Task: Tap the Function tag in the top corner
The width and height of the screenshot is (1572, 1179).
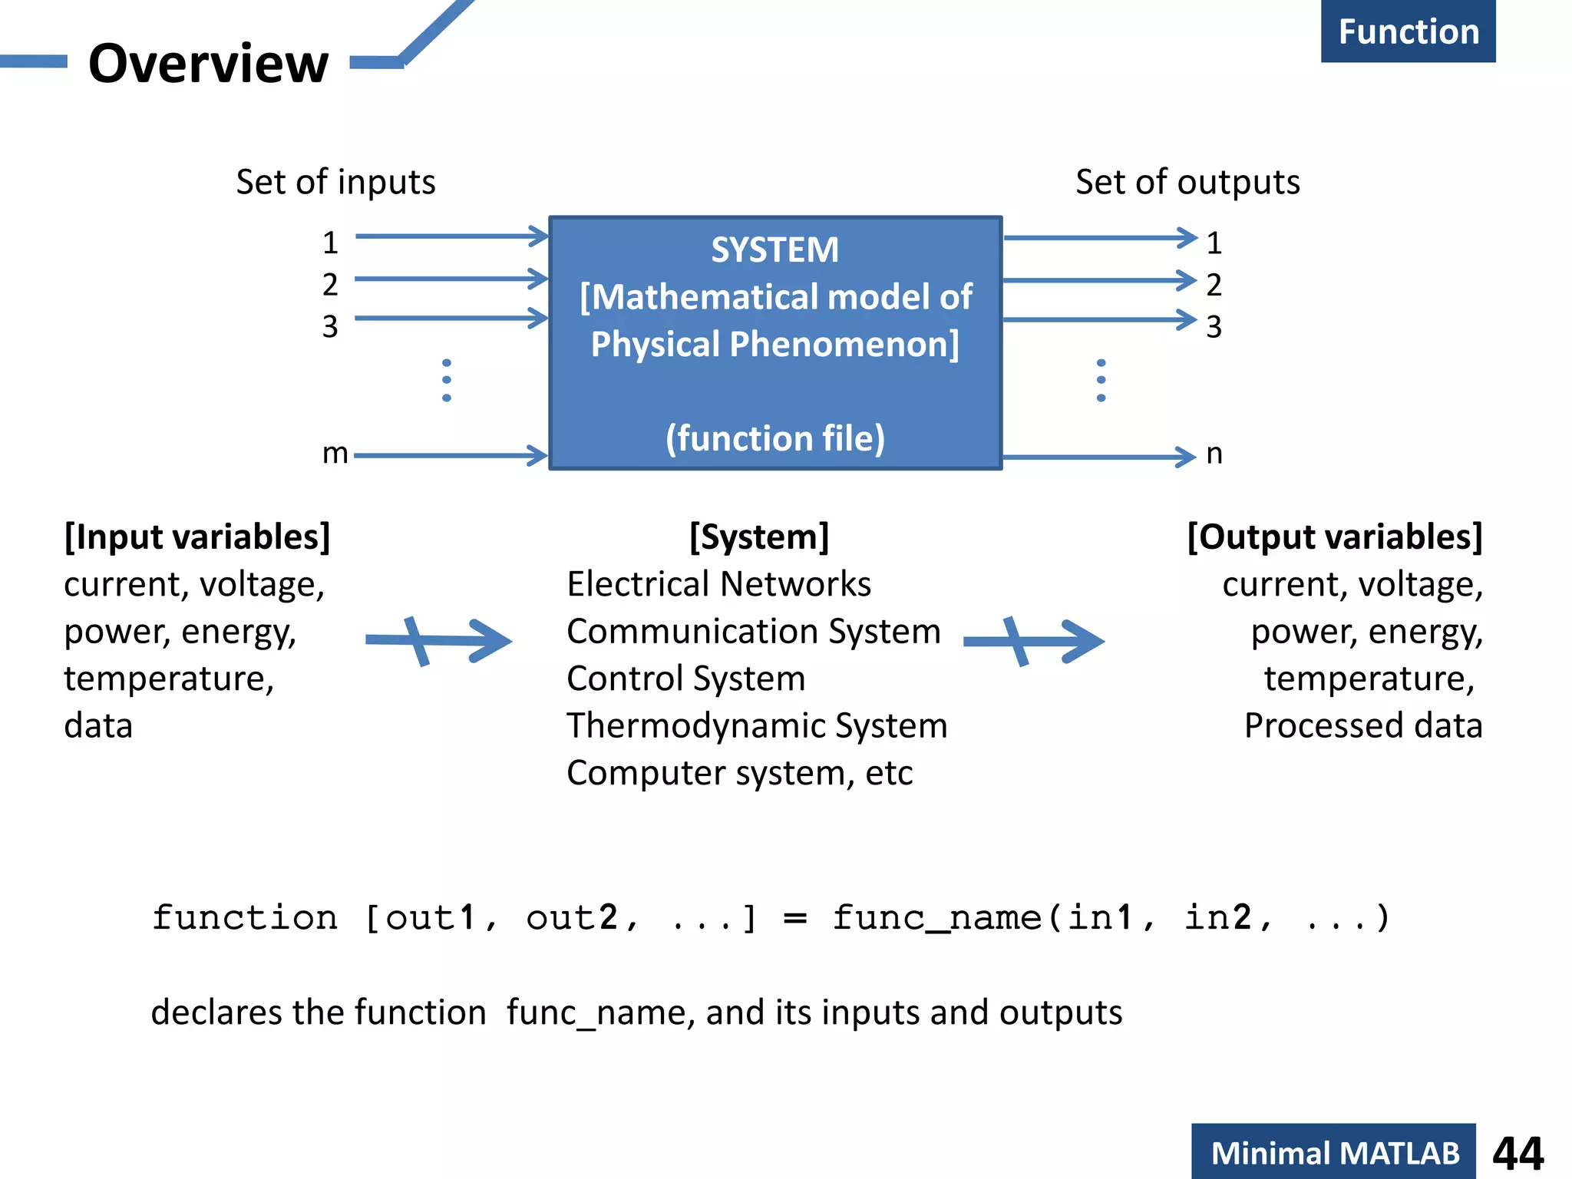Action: pos(1408,32)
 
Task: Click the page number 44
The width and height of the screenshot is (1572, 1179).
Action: pos(1518,1153)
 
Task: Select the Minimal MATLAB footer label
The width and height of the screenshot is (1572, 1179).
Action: pos(1334,1153)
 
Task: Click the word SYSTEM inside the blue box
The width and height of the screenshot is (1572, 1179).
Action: pos(774,250)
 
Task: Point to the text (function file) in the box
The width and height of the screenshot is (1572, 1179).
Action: pos(774,438)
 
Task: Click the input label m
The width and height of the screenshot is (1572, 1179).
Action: pos(335,454)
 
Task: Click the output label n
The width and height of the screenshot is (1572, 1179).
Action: pos(1214,454)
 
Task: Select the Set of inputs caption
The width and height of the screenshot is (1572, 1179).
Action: pos(335,183)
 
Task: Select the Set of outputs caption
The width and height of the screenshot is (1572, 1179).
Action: pos(1187,183)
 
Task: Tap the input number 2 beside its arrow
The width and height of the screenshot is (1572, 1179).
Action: pos(330,285)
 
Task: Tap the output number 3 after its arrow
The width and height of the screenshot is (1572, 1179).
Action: pos(1214,327)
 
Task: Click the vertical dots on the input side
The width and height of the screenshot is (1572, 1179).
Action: pos(447,380)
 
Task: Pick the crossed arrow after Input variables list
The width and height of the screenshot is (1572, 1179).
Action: pos(438,641)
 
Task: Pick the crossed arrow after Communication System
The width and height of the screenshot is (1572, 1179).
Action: pos(1033,641)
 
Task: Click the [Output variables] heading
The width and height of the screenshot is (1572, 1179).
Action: pos(1334,537)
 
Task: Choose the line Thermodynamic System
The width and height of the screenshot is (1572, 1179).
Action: pos(757,725)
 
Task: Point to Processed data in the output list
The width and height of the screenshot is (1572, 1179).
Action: pos(1363,725)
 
